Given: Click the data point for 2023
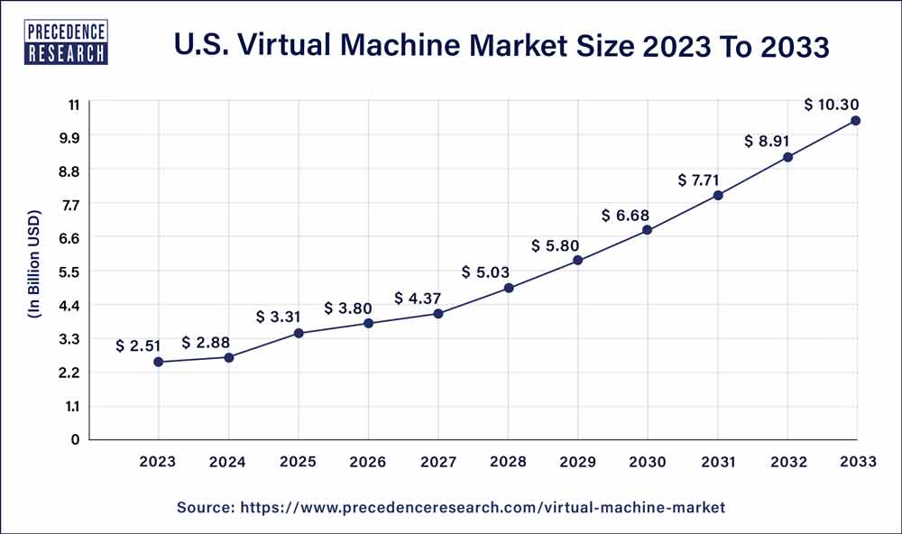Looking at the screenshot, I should point(159,362).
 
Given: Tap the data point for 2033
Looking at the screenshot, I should point(855,120).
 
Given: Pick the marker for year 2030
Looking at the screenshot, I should point(648,230).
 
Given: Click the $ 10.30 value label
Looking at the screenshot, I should point(833,106).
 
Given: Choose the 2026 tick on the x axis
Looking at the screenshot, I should point(368,461).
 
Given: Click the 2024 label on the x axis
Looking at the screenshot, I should point(228,461).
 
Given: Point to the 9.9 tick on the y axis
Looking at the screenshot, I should point(69,137).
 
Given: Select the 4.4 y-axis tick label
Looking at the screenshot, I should point(69,305).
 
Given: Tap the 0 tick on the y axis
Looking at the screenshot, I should point(75,439).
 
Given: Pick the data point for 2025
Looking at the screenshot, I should point(299,333).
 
